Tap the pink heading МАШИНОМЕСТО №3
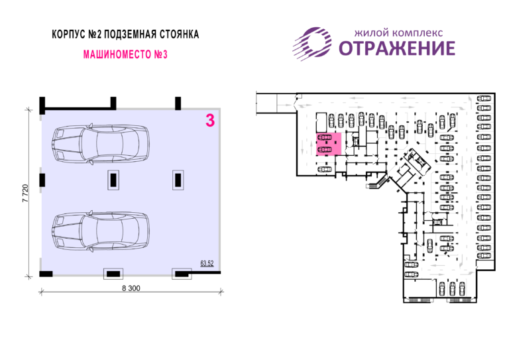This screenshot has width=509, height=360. (125, 54)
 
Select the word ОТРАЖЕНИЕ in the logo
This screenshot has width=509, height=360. (397, 48)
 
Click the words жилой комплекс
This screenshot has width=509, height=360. (398, 32)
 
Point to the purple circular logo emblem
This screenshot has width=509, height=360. (312, 44)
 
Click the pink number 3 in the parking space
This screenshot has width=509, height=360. (210, 121)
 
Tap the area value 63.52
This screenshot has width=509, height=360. (207, 263)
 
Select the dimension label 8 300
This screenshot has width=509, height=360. (131, 288)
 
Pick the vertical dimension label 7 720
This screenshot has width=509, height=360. (26, 194)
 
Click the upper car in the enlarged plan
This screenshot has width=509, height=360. (101, 143)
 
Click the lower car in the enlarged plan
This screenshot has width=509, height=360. (101, 231)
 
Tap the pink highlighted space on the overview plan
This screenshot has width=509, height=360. (329, 144)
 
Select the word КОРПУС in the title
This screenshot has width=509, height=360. (68, 34)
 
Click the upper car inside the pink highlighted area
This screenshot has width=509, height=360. (325, 137)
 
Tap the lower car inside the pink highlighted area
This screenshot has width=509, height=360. (325, 149)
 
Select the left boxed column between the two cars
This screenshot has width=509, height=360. (113, 180)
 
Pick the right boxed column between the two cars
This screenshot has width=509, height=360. (178, 180)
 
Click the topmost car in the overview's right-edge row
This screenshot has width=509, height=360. (484, 98)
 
